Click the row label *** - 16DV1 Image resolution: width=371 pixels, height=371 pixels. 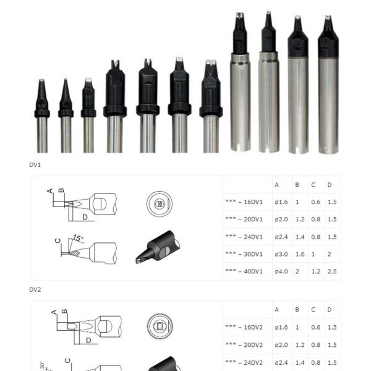tap(244, 202)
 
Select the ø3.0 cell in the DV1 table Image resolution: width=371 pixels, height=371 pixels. tap(281, 254)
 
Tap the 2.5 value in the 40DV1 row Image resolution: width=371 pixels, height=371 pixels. tap(332, 271)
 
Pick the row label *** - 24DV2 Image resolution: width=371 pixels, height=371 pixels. tap(244, 362)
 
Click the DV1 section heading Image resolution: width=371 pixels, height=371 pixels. tap(35, 165)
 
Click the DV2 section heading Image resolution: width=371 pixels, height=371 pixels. tap(35, 289)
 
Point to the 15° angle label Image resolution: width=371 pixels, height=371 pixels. tap(78, 238)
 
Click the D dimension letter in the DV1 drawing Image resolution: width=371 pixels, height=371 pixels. tap(85, 217)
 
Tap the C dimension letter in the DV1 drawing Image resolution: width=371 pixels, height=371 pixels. tap(58, 241)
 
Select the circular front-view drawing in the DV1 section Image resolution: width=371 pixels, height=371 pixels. tap(160, 203)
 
